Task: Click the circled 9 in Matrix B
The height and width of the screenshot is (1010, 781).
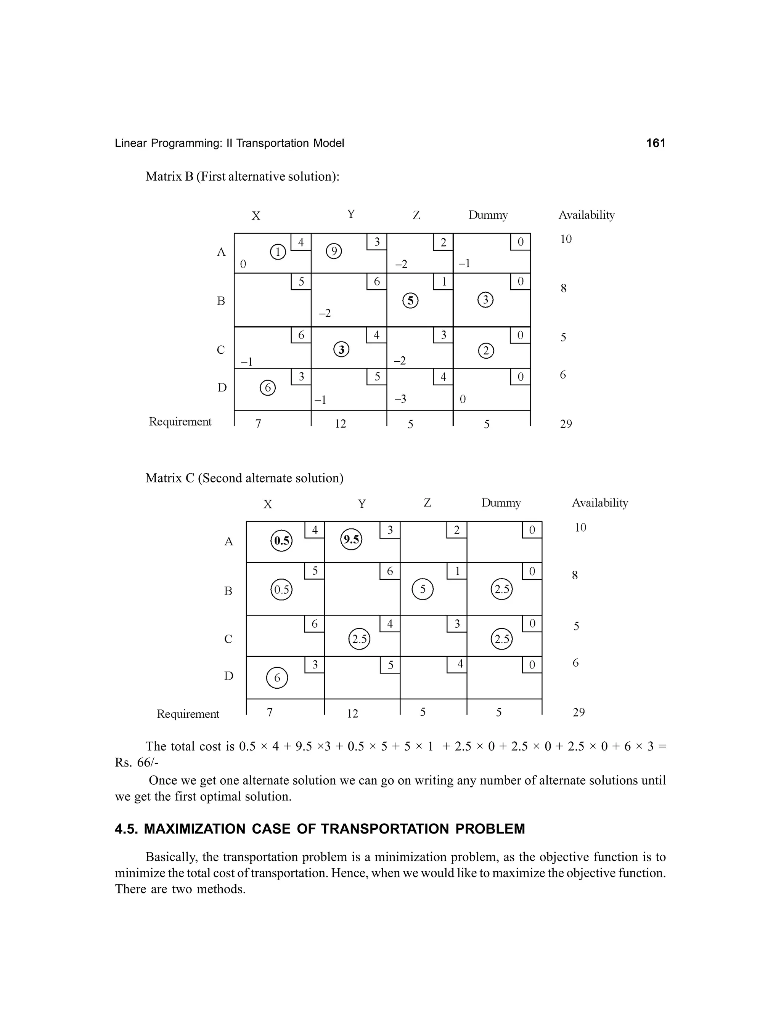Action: pyautogui.click(x=334, y=252)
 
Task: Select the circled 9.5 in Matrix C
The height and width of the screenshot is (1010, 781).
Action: pyautogui.click(x=351, y=540)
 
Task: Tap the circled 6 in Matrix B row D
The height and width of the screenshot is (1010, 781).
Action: pyautogui.click(x=267, y=388)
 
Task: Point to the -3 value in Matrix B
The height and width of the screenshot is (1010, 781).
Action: pyautogui.click(x=400, y=399)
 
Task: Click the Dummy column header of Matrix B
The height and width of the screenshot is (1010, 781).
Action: pyautogui.click(x=488, y=215)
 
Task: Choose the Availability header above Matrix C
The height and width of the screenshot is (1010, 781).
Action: pyautogui.click(x=599, y=503)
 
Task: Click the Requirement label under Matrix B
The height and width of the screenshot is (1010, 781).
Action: pyautogui.click(x=180, y=422)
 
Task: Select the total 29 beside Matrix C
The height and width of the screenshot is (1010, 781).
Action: pyautogui.click(x=579, y=712)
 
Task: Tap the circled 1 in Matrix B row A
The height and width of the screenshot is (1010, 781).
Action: pyautogui.click(x=278, y=252)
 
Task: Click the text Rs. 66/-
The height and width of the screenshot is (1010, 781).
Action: pyautogui.click(x=137, y=763)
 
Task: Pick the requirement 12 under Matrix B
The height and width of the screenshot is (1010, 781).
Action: pyautogui.click(x=340, y=424)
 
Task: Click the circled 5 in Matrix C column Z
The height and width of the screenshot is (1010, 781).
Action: pyautogui.click(x=423, y=590)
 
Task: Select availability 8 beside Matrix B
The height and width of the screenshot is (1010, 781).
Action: pyautogui.click(x=563, y=289)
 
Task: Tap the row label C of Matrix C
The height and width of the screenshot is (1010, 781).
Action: pyautogui.click(x=228, y=639)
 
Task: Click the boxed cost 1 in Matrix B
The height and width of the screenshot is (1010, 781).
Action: pyautogui.click(x=443, y=282)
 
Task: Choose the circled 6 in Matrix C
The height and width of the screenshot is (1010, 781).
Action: pyautogui.click(x=277, y=678)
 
